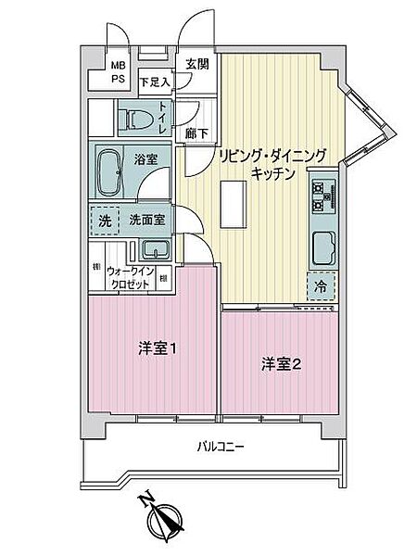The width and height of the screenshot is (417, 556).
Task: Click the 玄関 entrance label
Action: [196, 64]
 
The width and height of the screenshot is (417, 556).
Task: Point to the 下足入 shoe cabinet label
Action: [155, 82]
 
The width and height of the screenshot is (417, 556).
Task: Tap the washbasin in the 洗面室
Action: [154, 249]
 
